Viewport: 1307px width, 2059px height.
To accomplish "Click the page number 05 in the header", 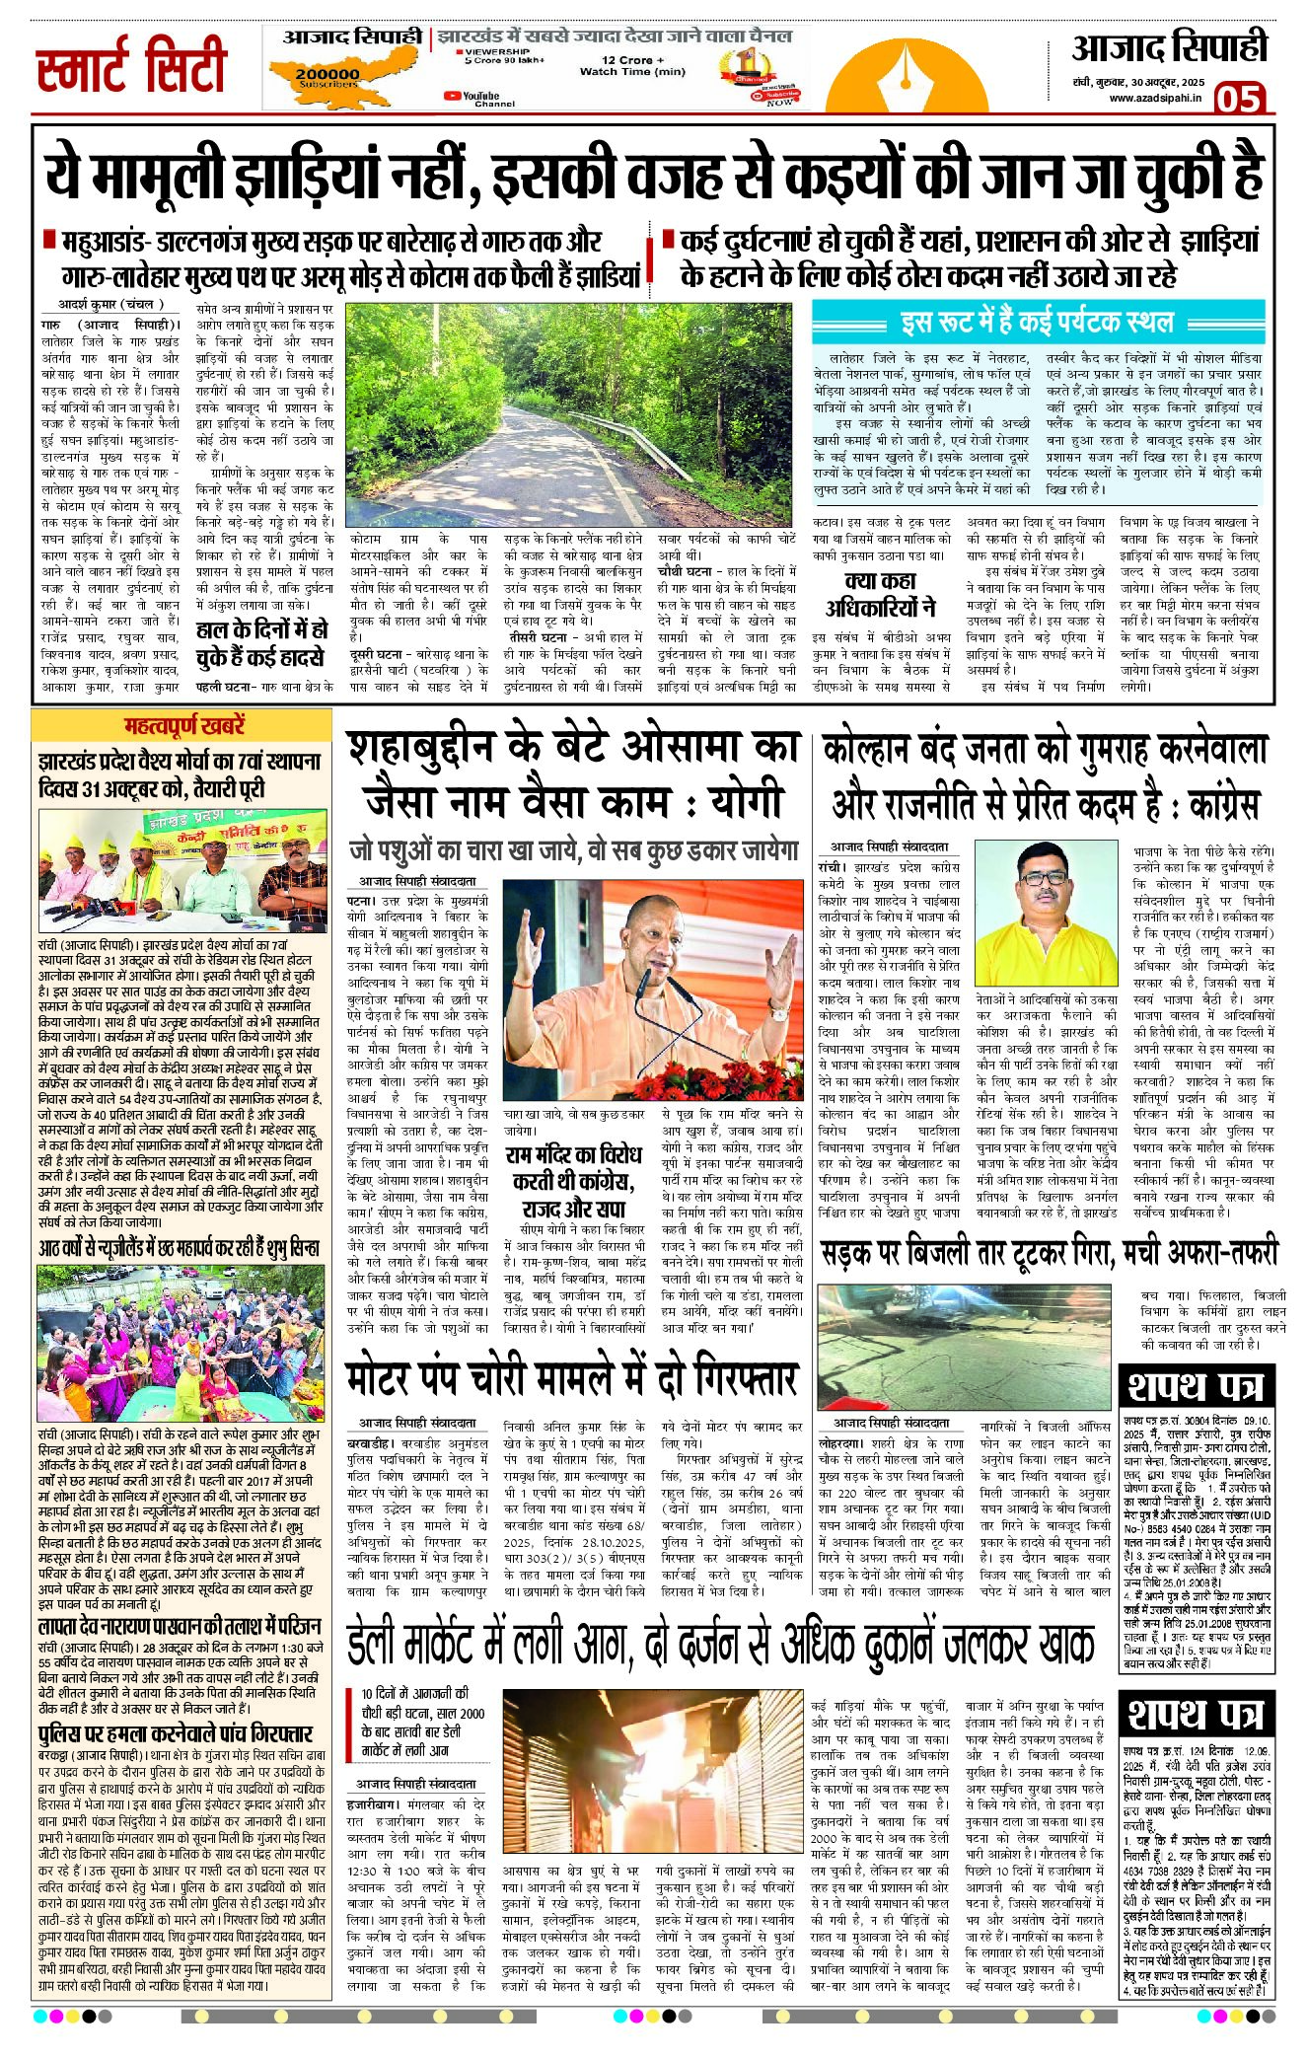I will [1238, 99].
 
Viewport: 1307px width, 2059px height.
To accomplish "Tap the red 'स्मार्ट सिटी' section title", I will [131, 67].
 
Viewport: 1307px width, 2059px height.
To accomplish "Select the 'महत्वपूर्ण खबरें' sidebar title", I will [184, 725].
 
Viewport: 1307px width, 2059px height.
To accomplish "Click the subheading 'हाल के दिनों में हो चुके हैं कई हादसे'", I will [260, 642].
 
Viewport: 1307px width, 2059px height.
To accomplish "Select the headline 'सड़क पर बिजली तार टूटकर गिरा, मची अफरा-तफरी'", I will [1048, 1251].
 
